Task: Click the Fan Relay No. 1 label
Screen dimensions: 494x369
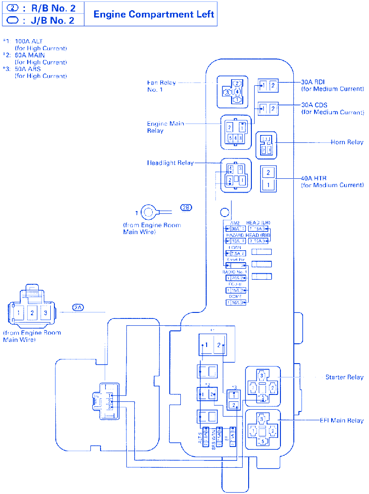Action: click(161, 86)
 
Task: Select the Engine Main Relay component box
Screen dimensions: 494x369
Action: click(236, 131)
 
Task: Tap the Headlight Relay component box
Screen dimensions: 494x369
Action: click(236, 175)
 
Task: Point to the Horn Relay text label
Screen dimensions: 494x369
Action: click(347, 142)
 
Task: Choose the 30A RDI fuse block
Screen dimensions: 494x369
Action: click(268, 85)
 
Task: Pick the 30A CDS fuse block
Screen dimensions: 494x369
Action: click(268, 108)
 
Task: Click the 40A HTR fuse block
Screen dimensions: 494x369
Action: click(268, 178)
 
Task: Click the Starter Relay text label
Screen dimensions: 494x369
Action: click(344, 377)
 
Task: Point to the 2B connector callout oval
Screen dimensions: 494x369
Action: click(186, 207)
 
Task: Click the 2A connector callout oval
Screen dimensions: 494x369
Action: click(78, 307)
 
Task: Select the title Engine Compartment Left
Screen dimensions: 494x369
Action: click(154, 14)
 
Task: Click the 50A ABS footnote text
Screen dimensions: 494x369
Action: click(27, 69)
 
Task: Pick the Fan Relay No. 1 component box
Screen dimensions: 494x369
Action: click(232, 92)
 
